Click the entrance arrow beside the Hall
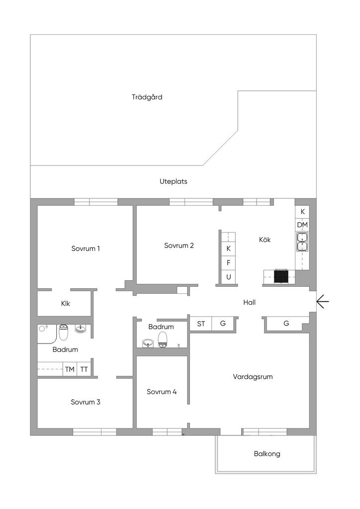click(322, 301)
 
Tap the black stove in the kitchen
click(281, 276)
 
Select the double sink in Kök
click(302, 241)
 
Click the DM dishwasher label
click(302, 225)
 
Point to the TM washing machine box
click(70, 369)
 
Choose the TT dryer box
click(85, 369)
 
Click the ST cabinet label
click(201, 324)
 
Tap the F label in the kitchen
click(229, 262)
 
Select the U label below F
click(229, 277)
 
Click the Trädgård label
click(147, 97)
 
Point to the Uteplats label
click(174, 181)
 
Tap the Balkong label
click(267, 453)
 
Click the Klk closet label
click(66, 303)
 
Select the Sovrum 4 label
click(162, 392)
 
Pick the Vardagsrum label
click(253, 377)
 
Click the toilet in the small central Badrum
click(163, 340)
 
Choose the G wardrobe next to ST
click(223, 324)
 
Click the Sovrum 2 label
click(179, 245)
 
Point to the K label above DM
click(302, 211)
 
